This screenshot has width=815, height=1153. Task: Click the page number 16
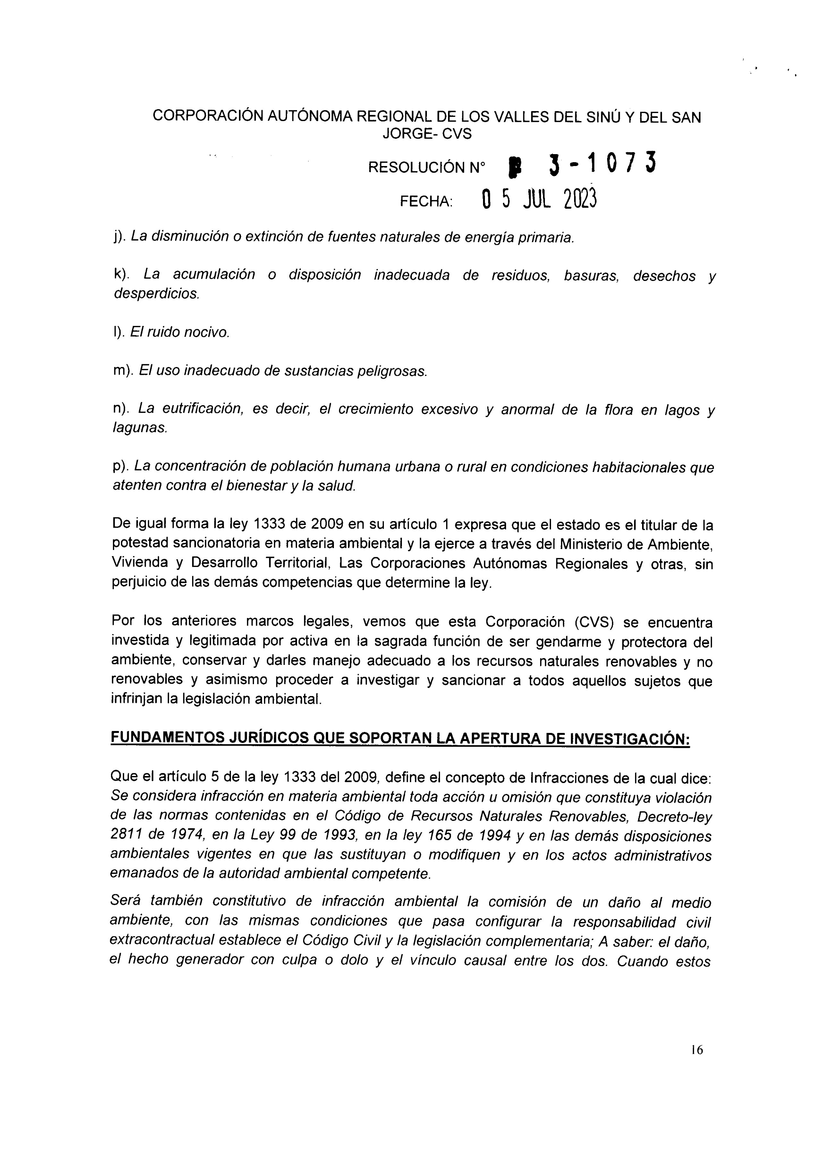[697, 1049]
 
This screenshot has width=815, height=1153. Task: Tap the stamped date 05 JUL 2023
[539, 200]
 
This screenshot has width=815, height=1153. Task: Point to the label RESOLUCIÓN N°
[427, 167]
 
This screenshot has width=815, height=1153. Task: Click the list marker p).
[121, 467]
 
